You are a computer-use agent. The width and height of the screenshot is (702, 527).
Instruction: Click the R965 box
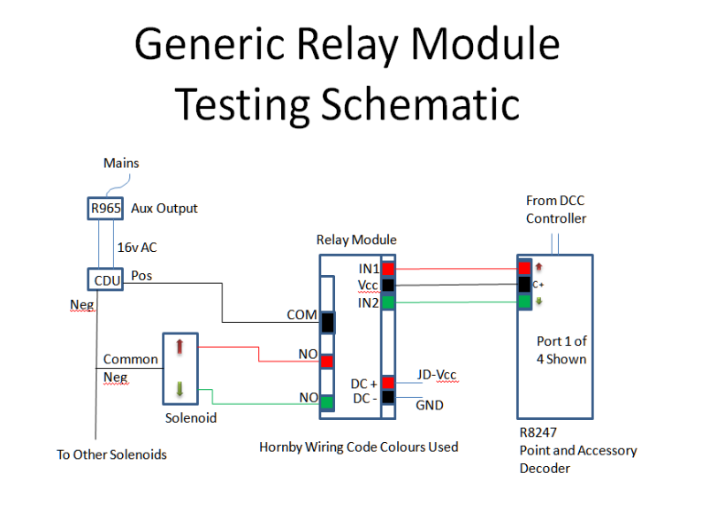tap(105, 208)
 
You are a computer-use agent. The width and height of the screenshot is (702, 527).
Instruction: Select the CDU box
tap(105, 279)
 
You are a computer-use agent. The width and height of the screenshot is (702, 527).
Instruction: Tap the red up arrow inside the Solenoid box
tap(179, 346)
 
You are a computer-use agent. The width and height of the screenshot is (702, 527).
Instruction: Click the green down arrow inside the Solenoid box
tap(179, 389)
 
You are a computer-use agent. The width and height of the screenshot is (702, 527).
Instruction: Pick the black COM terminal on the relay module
tap(328, 323)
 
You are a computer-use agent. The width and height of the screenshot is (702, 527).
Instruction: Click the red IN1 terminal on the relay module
tap(388, 269)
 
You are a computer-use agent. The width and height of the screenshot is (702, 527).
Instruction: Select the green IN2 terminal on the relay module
tap(388, 302)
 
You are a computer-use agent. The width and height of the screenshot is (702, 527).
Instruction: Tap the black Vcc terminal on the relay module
tap(388, 286)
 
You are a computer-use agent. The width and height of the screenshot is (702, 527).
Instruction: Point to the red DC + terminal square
tap(388, 382)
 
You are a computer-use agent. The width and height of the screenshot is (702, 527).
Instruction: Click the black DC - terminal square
tap(388, 397)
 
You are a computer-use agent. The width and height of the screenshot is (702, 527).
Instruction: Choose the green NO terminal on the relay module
tap(327, 402)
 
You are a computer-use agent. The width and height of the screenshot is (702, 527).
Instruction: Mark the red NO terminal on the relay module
tap(327, 361)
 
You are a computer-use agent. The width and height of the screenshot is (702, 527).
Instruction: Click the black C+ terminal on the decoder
tap(524, 285)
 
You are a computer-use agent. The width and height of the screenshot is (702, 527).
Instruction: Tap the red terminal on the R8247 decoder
tap(524, 268)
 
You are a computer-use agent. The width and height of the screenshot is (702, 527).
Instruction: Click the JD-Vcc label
tap(437, 375)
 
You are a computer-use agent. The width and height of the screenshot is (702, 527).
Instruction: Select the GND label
tap(430, 405)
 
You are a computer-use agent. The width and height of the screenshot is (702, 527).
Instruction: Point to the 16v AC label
tap(137, 248)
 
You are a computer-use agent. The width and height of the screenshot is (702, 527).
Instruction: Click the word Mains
tap(121, 163)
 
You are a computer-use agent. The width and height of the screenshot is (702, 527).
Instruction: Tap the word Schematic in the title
tap(420, 103)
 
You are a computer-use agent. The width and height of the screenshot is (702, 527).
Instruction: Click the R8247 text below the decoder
tap(538, 432)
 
